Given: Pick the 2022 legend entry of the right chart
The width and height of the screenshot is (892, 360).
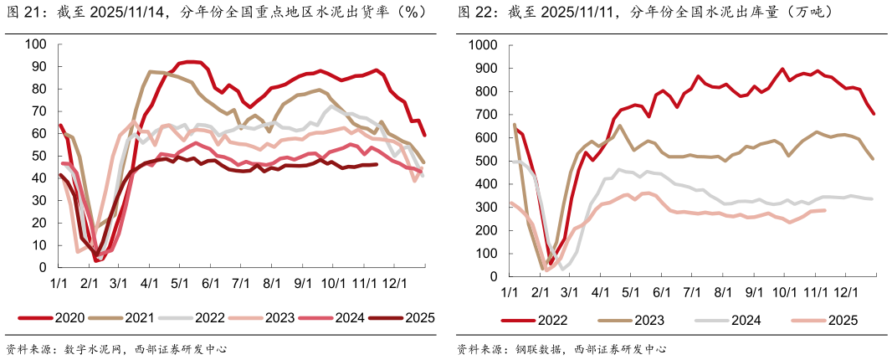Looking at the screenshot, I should click(x=552, y=320).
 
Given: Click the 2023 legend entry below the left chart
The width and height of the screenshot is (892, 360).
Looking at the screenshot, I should click(x=279, y=317).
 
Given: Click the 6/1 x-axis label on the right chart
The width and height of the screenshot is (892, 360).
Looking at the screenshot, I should click(x=661, y=292).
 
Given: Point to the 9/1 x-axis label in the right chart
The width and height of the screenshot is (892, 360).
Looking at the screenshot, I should click(x=754, y=292).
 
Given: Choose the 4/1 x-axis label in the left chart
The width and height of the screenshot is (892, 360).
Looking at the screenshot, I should click(x=150, y=284).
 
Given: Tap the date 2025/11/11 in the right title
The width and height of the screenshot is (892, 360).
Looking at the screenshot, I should click(x=567, y=13).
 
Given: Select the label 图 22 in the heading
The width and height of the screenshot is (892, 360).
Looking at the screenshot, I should click(x=474, y=13).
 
